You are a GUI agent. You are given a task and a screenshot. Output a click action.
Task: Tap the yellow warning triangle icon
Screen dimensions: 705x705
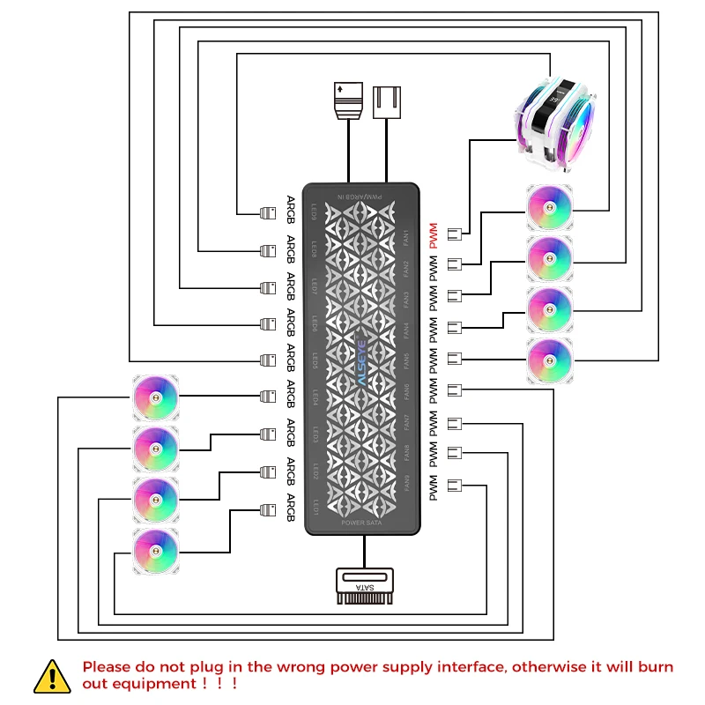[x=53, y=676]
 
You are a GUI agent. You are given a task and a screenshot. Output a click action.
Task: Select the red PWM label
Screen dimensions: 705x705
[x=432, y=234]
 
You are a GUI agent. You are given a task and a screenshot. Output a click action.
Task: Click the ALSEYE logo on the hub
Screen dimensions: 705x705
[x=361, y=359]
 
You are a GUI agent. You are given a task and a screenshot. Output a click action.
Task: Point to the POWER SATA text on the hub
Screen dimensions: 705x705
[x=361, y=523]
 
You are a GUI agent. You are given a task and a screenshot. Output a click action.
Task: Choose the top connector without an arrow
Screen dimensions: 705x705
[x=389, y=100]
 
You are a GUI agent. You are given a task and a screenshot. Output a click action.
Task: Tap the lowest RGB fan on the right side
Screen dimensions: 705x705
[x=550, y=360]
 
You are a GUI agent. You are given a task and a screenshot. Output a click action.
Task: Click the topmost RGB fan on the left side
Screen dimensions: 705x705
[x=155, y=397]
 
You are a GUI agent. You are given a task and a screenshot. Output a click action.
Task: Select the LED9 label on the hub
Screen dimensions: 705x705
[x=315, y=212]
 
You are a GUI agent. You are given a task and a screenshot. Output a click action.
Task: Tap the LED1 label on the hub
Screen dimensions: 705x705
[x=315, y=507]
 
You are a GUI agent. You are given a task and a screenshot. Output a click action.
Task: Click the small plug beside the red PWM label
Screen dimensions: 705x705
[x=456, y=234]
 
